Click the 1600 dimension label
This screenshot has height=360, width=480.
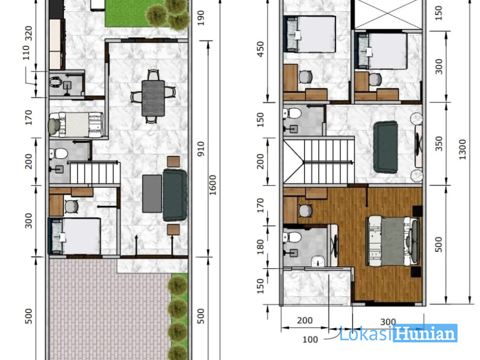[212, 185]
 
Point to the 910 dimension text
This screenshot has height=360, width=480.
[201, 149]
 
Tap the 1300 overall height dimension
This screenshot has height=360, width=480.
[462, 149]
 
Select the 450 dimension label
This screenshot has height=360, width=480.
[260, 49]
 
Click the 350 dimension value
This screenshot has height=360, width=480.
[439, 143]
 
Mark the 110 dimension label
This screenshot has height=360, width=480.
[26, 52]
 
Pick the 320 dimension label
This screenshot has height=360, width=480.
[28, 34]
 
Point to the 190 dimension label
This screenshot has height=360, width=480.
[201, 18]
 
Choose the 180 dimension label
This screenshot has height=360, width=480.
[260, 247]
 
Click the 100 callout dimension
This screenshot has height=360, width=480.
[310, 340]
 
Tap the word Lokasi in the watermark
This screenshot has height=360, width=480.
[365, 333]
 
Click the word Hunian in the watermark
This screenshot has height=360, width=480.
[425, 333]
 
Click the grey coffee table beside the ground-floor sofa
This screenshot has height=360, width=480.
[152, 194]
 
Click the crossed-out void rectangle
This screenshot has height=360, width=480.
[388, 14]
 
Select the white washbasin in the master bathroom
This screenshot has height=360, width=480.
[319, 261]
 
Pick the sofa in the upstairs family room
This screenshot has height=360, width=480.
[386, 147]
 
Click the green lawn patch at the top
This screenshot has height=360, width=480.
[137, 13]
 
